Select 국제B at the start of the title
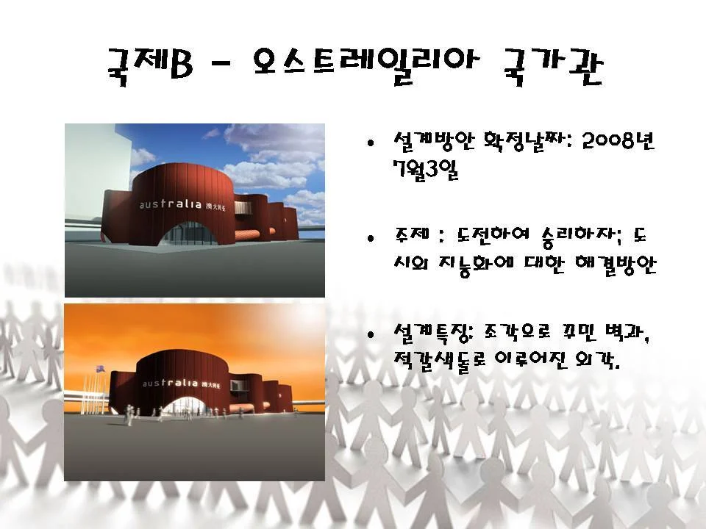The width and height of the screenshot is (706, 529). pyautogui.click(x=150, y=65)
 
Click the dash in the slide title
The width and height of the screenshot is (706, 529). pyautogui.click(x=220, y=66)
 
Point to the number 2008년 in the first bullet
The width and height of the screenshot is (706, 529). pyautogui.click(x=618, y=141)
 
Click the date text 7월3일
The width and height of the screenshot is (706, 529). pyautogui.click(x=426, y=170)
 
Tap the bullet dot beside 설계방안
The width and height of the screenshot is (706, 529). pyautogui.click(x=371, y=143)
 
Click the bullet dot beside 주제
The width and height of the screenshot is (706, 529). pyautogui.click(x=371, y=238)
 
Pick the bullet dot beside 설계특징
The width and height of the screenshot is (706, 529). pyautogui.click(x=371, y=334)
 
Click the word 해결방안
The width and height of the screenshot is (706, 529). pyautogui.click(x=616, y=265)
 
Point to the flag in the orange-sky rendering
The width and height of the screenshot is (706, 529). pyautogui.click(x=100, y=370)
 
